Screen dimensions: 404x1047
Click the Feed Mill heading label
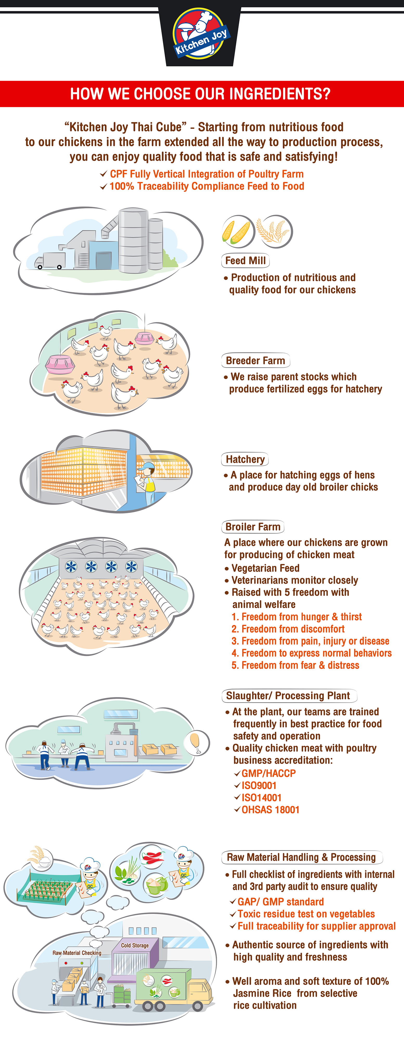(245, 261)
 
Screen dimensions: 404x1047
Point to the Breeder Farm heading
(255, 361)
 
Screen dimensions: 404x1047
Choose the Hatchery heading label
(245, 459)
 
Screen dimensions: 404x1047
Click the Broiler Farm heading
(253, 527)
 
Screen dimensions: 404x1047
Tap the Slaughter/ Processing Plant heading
(289, 696)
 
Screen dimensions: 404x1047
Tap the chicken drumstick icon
(196, 742)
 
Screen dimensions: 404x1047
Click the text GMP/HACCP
(268, 773)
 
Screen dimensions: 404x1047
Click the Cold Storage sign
(135, 945)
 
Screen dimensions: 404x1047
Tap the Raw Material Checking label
(77, 953)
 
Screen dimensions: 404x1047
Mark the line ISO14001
(261, 798)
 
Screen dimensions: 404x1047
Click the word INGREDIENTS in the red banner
(262, 94)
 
